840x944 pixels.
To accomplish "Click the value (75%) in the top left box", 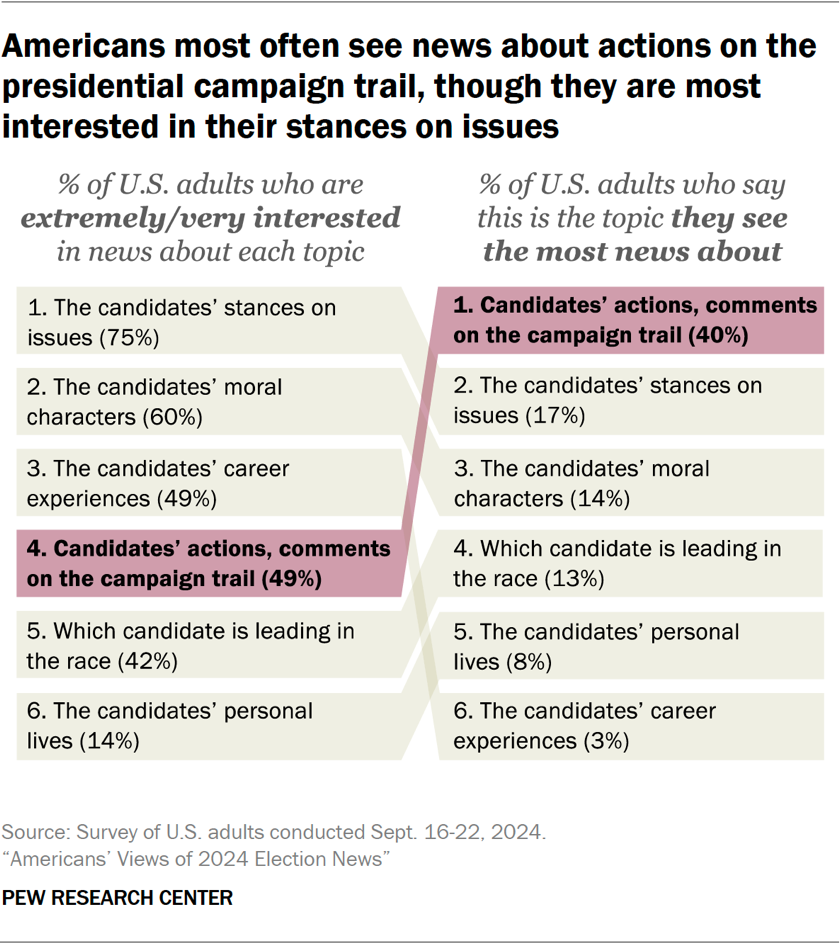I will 129,338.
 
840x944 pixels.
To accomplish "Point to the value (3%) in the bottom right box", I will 603,742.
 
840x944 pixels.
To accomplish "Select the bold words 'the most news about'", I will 632,250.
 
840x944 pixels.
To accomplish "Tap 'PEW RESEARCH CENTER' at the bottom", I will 117,898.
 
